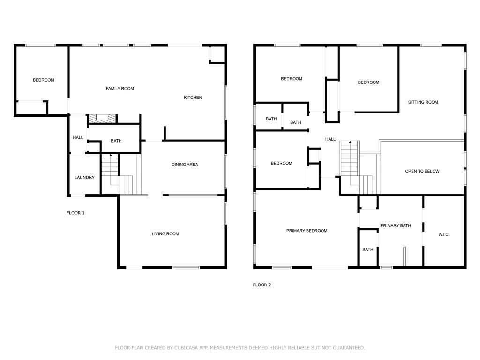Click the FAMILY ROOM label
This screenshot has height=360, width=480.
click(120, 89)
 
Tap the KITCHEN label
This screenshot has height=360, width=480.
click(193, 97)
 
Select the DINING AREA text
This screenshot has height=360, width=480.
click(185, 165)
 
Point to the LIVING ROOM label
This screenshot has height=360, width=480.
click(165, 233)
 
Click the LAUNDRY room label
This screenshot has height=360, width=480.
click(84, 177)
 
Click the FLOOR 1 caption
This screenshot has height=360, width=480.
click(75, 213)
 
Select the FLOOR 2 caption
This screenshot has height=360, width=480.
click(262, 285)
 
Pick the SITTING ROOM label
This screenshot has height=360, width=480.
click(423, 102)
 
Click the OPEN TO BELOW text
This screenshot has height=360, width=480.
click(422, 171)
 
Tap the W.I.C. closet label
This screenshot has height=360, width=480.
click(444, 234)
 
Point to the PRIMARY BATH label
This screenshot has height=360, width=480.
click(396, 225)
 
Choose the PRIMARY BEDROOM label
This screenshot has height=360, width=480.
click(307, 231)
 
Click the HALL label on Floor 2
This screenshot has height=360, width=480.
click(330, 139)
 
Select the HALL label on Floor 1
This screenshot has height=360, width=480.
click(78, 137)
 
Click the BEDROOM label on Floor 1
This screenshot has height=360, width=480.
click(44, 80)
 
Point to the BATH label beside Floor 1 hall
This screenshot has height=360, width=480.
click(116, 141)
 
